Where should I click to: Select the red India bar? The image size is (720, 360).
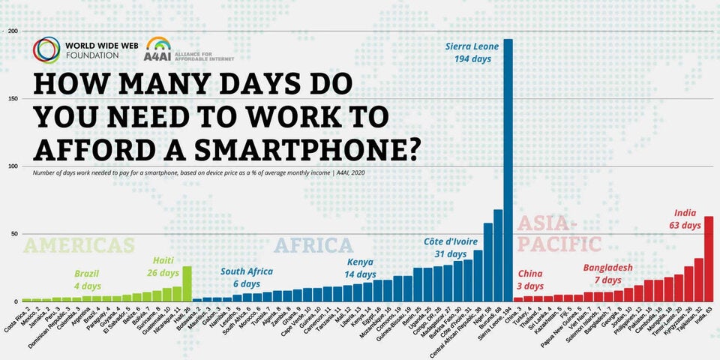708,259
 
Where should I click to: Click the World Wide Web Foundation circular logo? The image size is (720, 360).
46,49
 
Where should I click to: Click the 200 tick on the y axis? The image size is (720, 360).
13,31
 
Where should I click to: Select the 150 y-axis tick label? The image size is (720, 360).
13,99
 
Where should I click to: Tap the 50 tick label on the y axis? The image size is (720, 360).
14,234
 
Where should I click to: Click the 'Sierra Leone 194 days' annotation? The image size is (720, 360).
472,52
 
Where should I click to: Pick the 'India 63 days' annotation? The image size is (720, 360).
686,219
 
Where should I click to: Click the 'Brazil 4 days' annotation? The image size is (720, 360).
87,279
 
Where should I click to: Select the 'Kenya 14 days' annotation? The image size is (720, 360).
360,268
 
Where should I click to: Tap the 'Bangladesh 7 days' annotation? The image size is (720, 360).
608,274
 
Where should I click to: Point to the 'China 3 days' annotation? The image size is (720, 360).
530,279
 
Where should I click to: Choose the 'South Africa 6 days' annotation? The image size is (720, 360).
247,277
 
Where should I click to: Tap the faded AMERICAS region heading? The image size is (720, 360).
79,245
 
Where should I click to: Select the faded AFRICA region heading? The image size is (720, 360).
313,245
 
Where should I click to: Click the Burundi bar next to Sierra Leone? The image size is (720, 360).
498,255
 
